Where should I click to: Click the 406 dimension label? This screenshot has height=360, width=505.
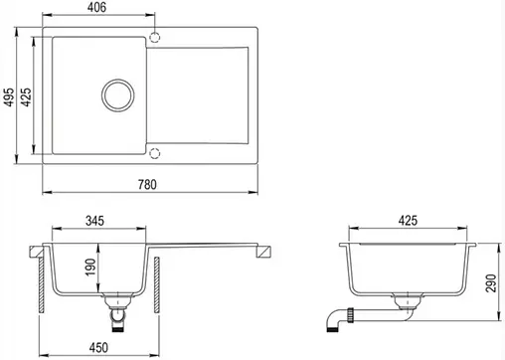(x=96, y=7)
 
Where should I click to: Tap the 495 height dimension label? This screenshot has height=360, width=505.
(x=9, y=97)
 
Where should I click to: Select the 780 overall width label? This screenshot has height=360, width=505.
(x=147, y=184)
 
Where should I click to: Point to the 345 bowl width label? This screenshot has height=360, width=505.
(x=94, y=221)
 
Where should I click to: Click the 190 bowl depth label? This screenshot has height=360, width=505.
(x=90, y=268)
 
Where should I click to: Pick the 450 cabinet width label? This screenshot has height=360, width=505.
(x=98, y=347)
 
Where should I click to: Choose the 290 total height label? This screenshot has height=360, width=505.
(x=491, y=283)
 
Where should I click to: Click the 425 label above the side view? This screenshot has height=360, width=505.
(x=408, y=221)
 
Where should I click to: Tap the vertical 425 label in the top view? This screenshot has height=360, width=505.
(x=26, y=97)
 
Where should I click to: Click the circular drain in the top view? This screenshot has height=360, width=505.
(x=118, y=80)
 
